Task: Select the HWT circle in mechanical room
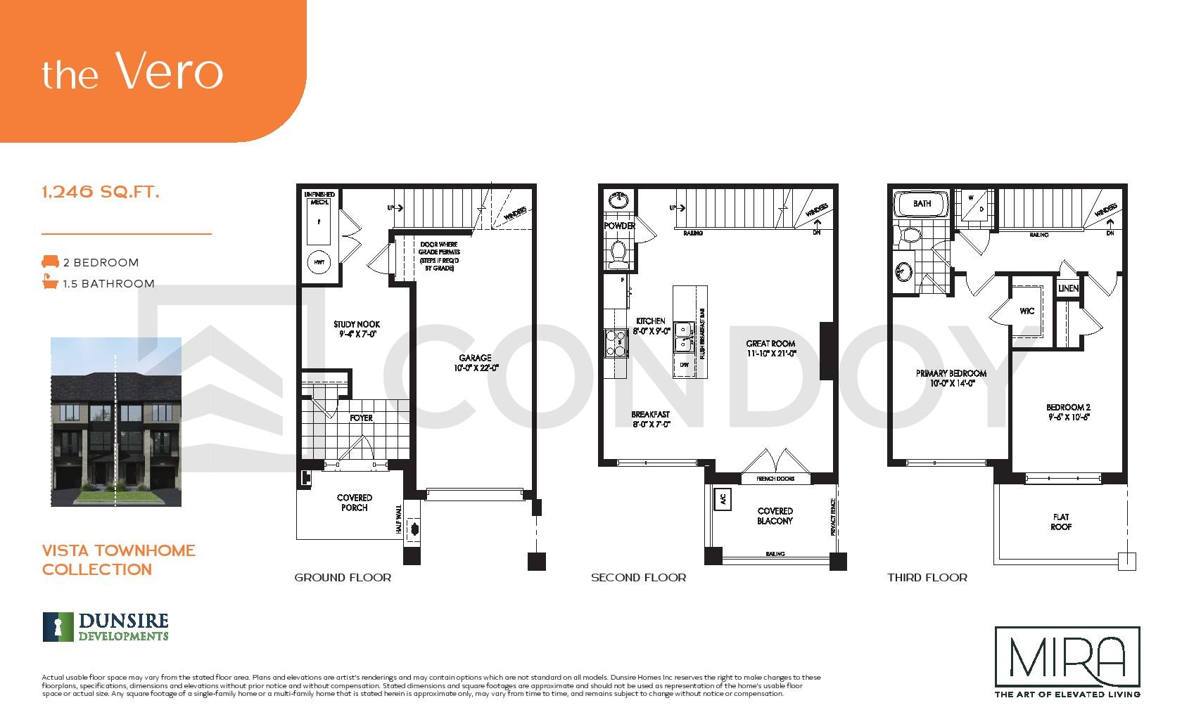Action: tap(319, 262)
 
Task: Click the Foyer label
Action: tap(361, 418)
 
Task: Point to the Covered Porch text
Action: tap(354, 502)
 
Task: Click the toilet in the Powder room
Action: tap(619, 254)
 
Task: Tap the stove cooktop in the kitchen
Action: tap(615, 344)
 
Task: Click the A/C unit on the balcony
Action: tap(722, 499)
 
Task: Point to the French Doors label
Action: tap(775, 479)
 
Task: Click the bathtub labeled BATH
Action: tap(921, 204)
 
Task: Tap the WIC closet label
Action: tap(1027, 311)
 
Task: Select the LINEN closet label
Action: tap(1067, 289)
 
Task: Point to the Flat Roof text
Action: tap(1060, 522)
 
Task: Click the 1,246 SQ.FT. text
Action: tap(101, 191)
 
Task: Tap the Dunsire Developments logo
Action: tap(106, 627)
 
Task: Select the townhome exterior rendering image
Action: tap(116, 422)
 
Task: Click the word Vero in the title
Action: tap(169, 72)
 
